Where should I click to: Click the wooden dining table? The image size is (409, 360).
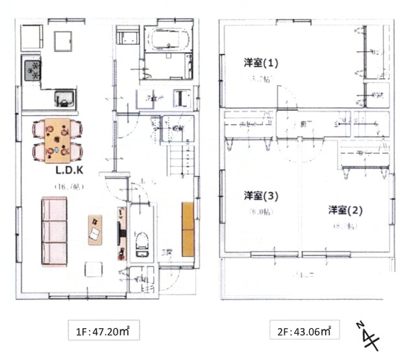coord(59,138)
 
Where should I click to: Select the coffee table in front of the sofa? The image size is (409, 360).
coord(97,229)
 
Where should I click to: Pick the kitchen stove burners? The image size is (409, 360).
coord(32,69)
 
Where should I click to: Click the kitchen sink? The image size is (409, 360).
coord(65,100)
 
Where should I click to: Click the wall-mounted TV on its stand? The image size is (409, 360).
coord(120,233)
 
